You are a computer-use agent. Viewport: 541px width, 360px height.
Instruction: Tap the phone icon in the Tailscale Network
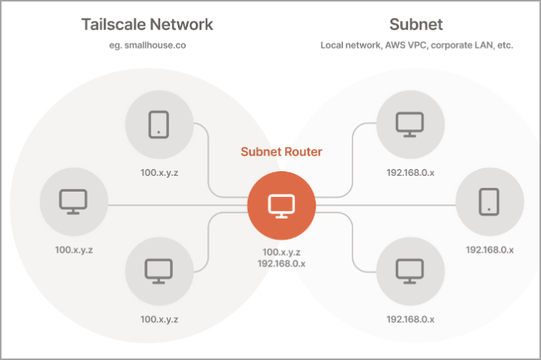click(x=159, y=123)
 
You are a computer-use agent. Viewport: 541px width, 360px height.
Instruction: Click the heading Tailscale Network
click(x=147, y=24)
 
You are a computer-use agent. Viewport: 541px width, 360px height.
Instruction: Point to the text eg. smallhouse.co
click(x=147, y=45)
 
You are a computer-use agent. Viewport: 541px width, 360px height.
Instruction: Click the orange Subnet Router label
click(x=281, y=152)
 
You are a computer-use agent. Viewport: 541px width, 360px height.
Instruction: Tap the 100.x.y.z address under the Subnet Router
click(x=281, y=253)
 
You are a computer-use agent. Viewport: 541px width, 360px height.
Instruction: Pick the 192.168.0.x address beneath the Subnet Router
click(x=281, y=264)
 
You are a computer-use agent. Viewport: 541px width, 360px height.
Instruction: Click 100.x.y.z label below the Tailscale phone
click(x=159, y=172)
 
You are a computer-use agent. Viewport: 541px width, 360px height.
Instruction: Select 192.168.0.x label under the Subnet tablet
click(x=490, y=249)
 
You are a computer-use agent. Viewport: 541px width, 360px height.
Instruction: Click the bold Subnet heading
click(x=416, y=24)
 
